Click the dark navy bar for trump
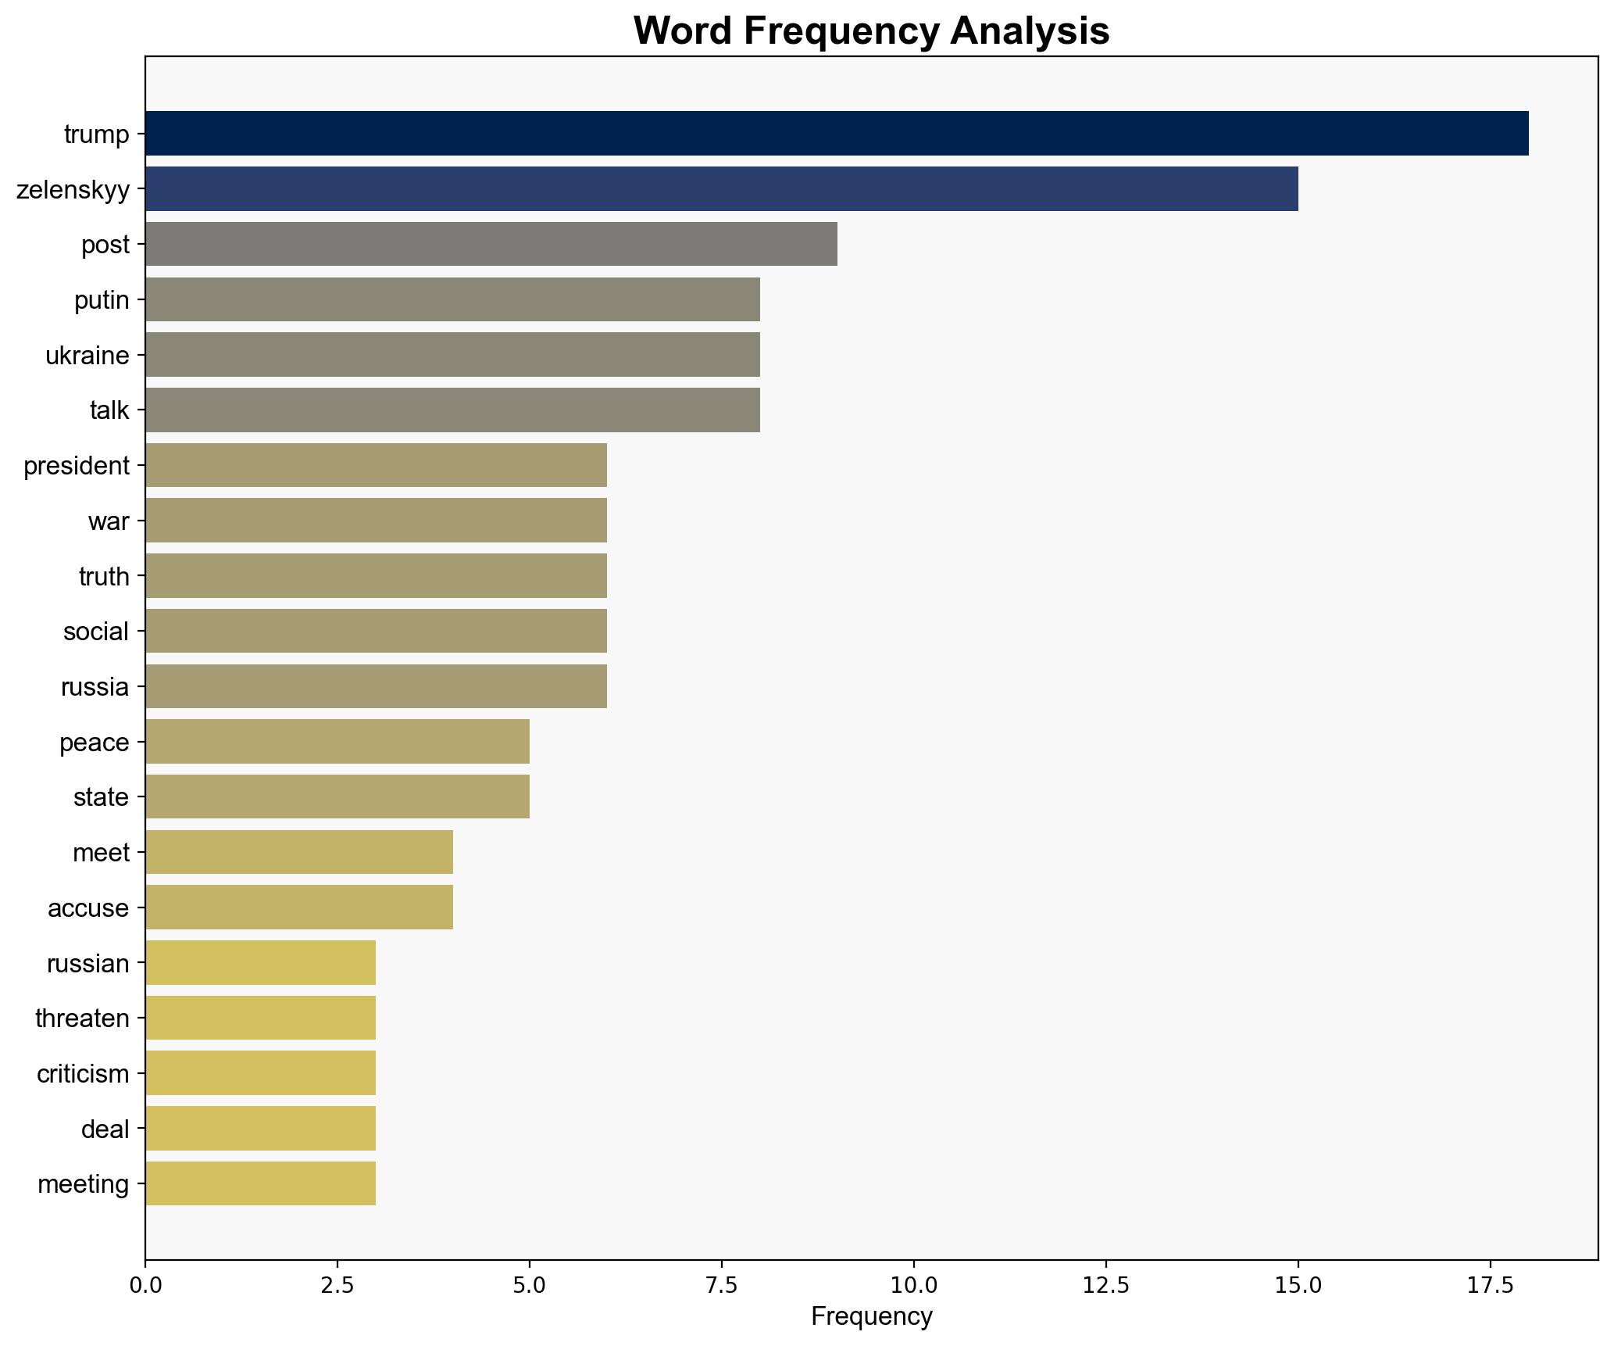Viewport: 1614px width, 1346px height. pyautogui.click(x=836, y=133)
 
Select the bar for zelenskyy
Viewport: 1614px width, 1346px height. pyautogui.click(x=721, y=188)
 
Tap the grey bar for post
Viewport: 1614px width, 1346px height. pyautogui.click(x=491, y=244)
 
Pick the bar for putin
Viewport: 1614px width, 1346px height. pyautogui.click(x=452, y=299)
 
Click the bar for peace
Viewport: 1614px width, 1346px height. pyautogui.click(x=337, y=741)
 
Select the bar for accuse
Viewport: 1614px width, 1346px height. pyautogui.click(x=298, y=907)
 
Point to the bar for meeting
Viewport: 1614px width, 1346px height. pyautogui.click(x=260, y=1183)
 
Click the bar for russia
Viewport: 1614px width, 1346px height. pyautogui.click(x=375, y=686)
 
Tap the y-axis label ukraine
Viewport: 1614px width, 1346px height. pyautogui.click(x=87, y=356)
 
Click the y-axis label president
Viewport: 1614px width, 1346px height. pyautogui.click(x=76, y=466)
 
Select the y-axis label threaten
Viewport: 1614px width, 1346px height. pyautogui.click(x=82, y=1018)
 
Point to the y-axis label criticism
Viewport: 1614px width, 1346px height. pyautogui.click(x=83, y=1074)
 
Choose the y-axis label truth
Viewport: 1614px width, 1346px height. pyautogui.click(x=104, y=577)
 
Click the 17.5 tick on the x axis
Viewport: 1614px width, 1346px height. pyautogui.click(x=1490, y=1284)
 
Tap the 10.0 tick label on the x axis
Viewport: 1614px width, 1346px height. pyautogui.click(x=913, y=1284)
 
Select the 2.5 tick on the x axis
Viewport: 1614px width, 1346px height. pyautogui.click(x=337, y=1284)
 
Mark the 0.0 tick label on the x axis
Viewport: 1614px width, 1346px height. pyautogui.click(x=145, y=1284)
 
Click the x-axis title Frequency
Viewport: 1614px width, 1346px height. pyautogui.click(x=871, y=1317)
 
